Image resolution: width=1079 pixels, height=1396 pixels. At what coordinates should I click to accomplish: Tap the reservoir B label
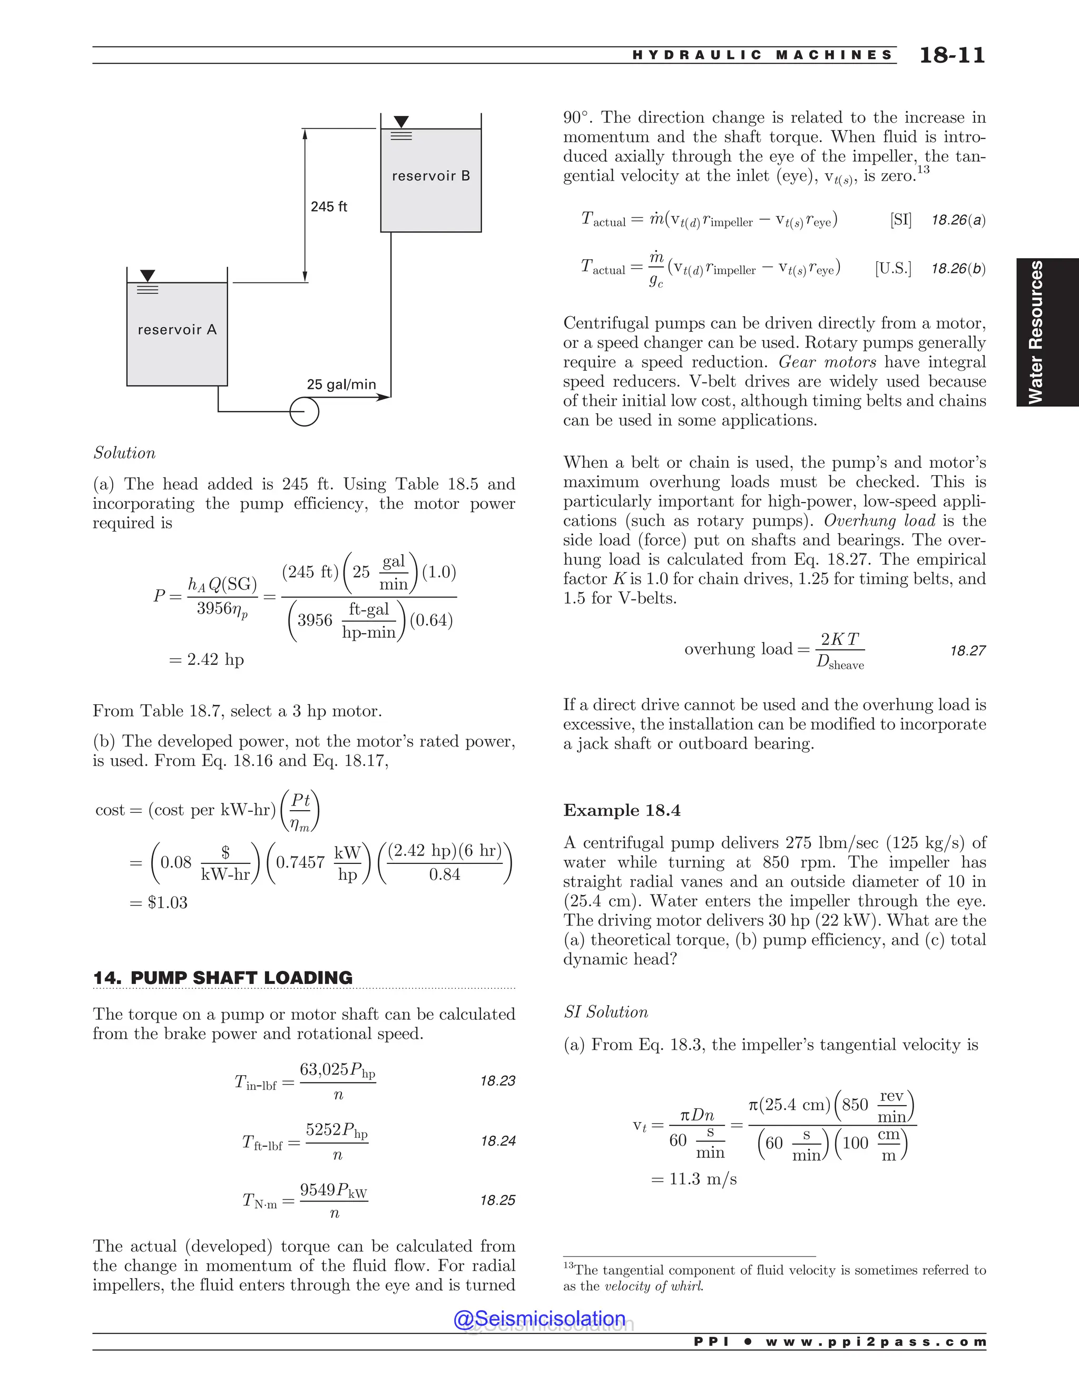coord(430,176)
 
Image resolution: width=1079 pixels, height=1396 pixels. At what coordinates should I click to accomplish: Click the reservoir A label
coord(177,330)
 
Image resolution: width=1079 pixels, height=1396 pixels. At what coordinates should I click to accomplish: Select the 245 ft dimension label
coord(329,207)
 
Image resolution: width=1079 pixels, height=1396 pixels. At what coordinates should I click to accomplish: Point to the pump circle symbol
coord(305,411)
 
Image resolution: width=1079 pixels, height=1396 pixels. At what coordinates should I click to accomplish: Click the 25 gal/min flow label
coord(341,384)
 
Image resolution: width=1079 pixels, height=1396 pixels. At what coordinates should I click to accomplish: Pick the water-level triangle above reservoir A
coord(148,276)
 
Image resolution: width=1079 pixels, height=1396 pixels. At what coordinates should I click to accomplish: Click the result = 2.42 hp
coord(207,659)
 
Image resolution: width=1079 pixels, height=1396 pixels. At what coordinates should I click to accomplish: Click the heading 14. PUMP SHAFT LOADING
coord(222,978)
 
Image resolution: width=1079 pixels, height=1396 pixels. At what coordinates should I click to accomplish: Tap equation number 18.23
coord(497,1081)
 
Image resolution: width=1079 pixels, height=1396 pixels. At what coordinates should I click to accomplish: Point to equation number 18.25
coord(497,1201)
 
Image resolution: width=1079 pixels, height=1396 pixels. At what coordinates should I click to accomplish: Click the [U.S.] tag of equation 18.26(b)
coord(893,269)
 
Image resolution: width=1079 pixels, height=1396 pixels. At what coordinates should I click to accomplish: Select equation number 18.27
coord(967,651)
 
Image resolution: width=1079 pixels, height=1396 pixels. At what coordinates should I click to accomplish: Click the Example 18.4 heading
coord(621,811)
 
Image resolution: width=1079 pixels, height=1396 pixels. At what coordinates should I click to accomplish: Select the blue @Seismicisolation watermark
coord(539,1319)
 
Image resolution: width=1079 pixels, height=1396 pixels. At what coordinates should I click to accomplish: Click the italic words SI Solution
coord(605,1012)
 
